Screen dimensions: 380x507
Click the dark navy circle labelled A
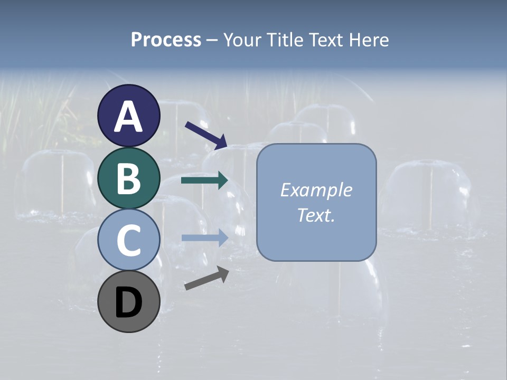click(129, 116)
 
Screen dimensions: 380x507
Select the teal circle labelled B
click(129, 178)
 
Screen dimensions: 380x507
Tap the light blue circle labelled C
click(129, 240)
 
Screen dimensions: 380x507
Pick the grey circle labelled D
click(129, 301)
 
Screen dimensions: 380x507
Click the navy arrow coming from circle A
click(206, 135)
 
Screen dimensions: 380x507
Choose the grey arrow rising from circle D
click(206, 278)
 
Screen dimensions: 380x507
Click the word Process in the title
click(166, 40)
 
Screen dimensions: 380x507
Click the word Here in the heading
click(370, 40)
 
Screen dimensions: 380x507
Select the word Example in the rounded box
click(316, 190)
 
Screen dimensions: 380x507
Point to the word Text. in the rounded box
click(316, 215)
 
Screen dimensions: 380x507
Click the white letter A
click(129, 117)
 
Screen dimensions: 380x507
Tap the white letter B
click(129, 178)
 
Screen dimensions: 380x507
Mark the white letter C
click(129, 240)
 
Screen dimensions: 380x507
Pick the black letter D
click(129, 302)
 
